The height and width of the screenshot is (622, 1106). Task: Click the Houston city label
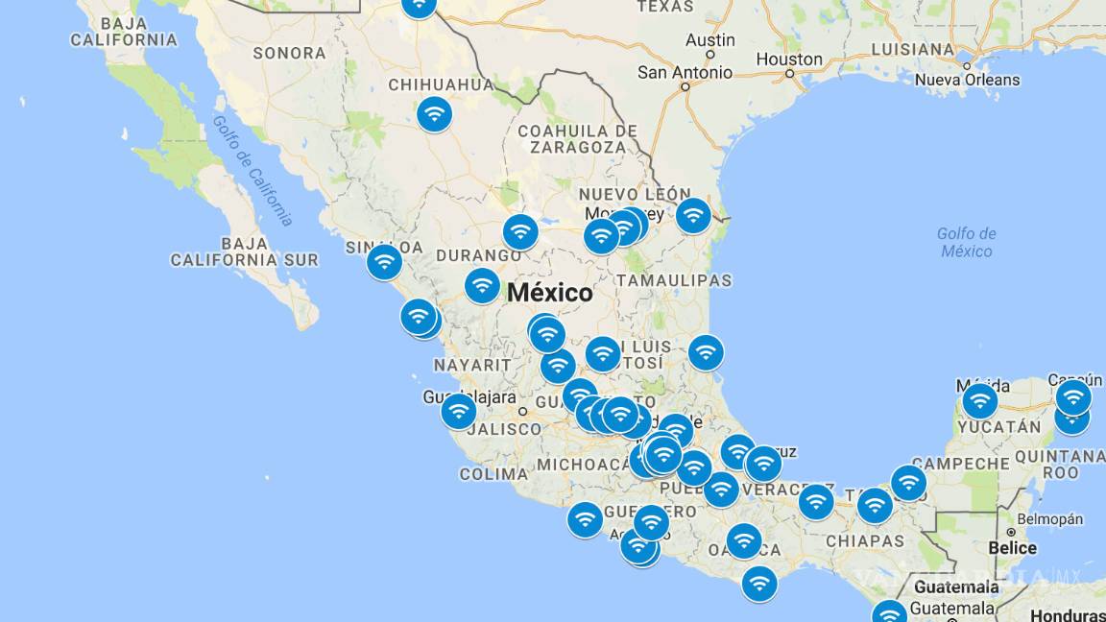[x=789, y=60]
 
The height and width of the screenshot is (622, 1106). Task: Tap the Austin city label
[x=709, y=40]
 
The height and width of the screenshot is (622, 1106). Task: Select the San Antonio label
[x=685, y=73]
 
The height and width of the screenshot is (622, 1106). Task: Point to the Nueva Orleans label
[x=967, y=80]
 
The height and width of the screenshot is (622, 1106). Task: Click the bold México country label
[x=550, y=293]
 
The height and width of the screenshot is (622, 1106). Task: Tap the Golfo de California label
[x=252, y=171]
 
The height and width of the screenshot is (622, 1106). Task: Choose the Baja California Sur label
[x=244, y=251]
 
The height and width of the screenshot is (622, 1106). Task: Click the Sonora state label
[x=289, y=54]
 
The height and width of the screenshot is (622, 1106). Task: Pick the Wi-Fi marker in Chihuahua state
[x=434, y=114]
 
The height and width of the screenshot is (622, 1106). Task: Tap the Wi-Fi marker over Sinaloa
[x=384, y=261]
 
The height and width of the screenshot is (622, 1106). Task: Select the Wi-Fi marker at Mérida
[x=979, y=400]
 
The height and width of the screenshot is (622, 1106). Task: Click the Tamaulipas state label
[x=673, y=280]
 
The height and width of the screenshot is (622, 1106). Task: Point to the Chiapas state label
[x=865, y=540]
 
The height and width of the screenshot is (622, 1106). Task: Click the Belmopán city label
[x=1049, y=519]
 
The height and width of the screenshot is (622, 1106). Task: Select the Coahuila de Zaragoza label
[x=576, y=139]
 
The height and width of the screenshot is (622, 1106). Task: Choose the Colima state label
[x=493, y=473]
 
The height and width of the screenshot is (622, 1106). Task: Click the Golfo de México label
[x=967, y=242]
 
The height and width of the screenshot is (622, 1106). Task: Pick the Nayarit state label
[x=472, y=365]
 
